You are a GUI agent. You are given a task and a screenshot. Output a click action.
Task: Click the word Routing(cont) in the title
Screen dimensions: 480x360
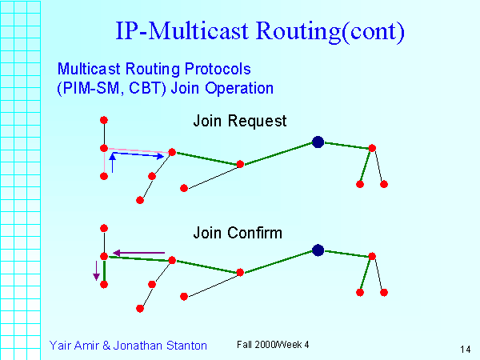click(x=330, y=31)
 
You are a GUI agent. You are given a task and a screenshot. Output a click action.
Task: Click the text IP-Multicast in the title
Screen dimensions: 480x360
click(x=182, y=30)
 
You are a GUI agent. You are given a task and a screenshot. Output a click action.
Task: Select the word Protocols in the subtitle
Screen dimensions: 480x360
click(x=218, y=69)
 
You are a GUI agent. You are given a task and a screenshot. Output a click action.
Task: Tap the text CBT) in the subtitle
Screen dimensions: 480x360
click(x=147, y=88)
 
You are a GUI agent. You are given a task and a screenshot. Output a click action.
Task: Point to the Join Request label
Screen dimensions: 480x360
click(x=240, y=121)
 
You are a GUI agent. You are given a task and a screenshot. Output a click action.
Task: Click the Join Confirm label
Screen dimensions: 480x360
click(x=238, y=233)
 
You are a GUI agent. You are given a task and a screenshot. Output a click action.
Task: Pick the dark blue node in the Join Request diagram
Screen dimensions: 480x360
click(x=318, y=142)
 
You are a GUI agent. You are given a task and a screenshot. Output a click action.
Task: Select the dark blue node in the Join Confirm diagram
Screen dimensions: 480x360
click(x=318, y=250)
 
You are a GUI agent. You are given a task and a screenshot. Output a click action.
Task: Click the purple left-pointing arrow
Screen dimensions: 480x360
click(x=139, y=253)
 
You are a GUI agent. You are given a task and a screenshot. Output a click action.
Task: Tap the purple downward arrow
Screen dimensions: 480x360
click(x=97, y=270)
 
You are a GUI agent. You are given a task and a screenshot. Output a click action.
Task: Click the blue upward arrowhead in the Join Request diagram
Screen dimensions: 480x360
click(x=112, y=157)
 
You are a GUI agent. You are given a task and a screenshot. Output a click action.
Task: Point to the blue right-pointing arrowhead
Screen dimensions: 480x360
click(x=161, y=157)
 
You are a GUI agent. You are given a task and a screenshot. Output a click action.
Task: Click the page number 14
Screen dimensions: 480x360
click(x=466, y=349)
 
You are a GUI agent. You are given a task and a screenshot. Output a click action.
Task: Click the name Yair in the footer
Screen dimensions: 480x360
click(x=59, y=346)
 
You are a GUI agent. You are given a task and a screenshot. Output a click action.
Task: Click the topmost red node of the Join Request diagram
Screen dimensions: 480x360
click(x=104, y=120)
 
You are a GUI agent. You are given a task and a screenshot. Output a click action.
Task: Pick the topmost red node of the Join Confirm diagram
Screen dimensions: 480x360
click(x=104, y=228)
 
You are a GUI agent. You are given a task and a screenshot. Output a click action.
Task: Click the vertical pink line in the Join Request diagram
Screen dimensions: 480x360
click(x=105, y=162)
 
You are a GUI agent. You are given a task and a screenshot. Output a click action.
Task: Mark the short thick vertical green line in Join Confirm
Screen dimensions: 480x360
click(x=104, y=270)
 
